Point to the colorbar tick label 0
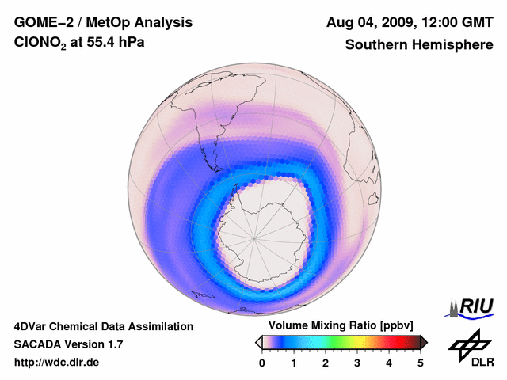262,363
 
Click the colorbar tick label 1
294,363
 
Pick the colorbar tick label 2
326,363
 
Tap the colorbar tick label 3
357,363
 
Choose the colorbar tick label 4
389,363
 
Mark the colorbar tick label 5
421,363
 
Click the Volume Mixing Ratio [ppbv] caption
341,326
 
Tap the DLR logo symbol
467,347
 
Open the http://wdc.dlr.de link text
57,363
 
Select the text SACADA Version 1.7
68,345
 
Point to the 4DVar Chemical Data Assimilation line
103,326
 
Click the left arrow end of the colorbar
258,342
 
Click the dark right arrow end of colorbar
424,342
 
